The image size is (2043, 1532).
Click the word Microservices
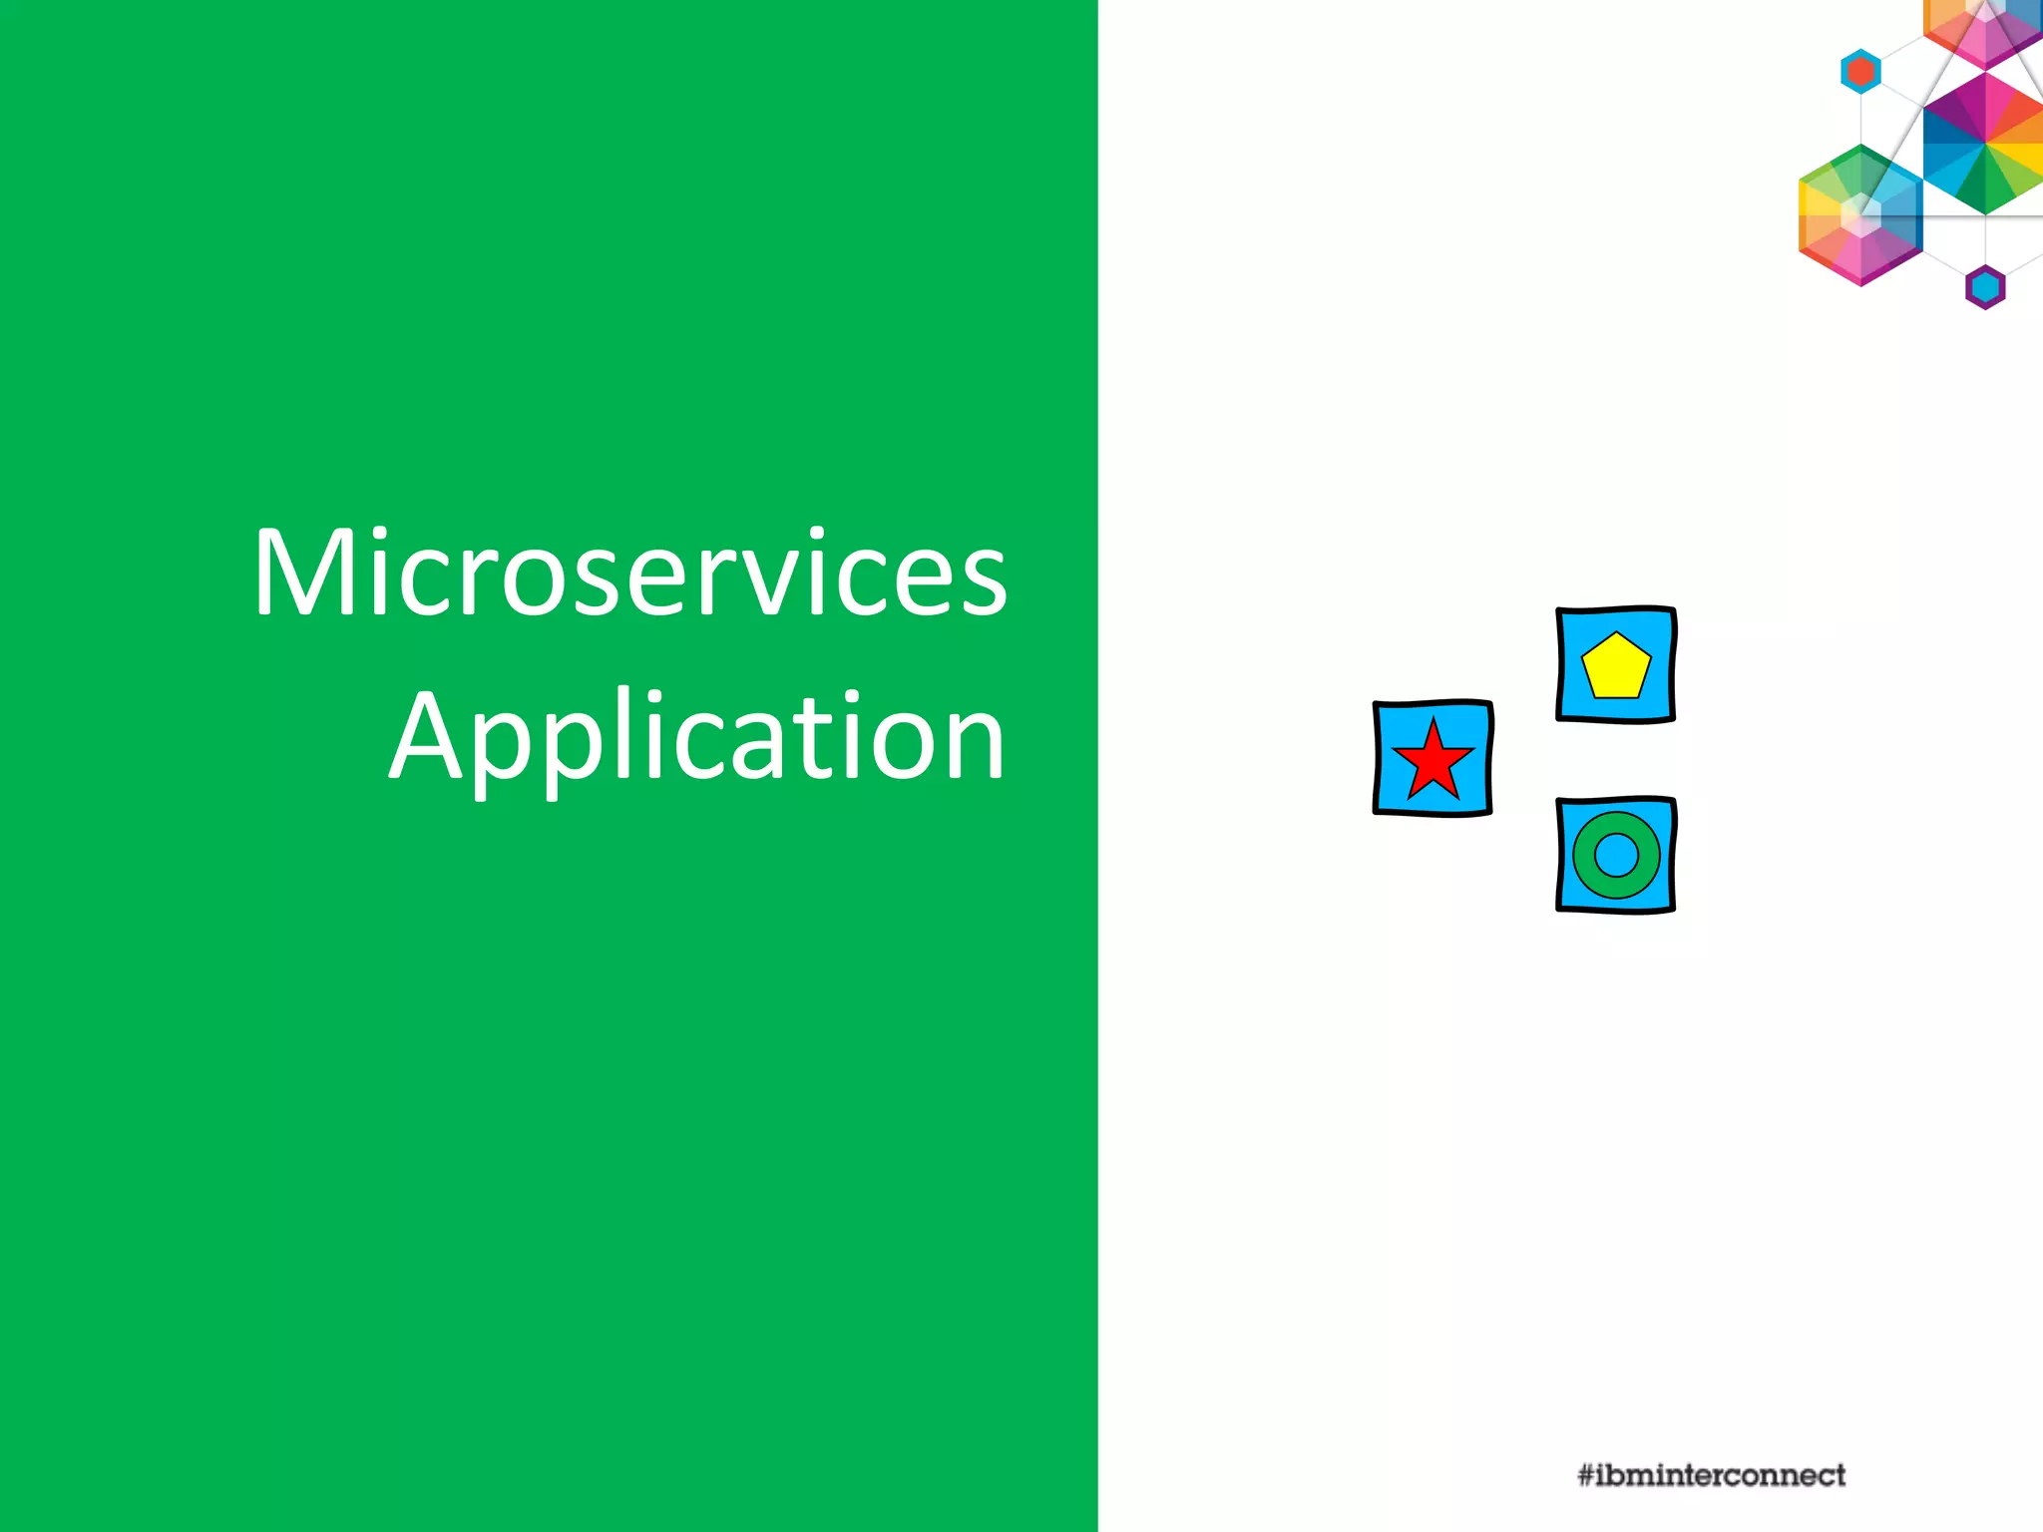click(x=630, y=574)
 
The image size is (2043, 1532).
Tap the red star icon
click(x=1433, y=761)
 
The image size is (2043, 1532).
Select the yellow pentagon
click(x=1616, y=666)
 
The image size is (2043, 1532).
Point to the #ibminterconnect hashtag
click(x=1711, y=1475)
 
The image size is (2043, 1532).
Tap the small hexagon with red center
click(x=1860, y=72)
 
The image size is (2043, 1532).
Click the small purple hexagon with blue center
click(x=1985, y=287)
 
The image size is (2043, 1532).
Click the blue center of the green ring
click(x=1617, y=855)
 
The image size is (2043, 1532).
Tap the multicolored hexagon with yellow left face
click(x=1860, y=214)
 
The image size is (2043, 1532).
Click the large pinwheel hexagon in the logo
click(x=1985, y=143)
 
